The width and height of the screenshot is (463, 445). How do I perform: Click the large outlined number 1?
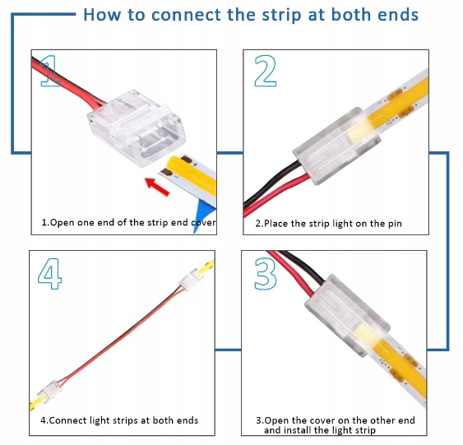point(51,71)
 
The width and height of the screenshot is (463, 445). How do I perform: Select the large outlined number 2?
point(265,72)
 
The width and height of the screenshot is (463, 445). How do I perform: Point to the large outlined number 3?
point(265,273)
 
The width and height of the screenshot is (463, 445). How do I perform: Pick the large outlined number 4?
point(50,274)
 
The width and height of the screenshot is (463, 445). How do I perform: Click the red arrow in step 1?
point(157,186)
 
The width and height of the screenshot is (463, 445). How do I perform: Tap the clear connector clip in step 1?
point(137,127)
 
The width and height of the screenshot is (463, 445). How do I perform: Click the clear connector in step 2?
point(336,146)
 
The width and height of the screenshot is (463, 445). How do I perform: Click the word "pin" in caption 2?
point(395,224)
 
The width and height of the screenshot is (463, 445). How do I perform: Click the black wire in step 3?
point(303,266)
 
